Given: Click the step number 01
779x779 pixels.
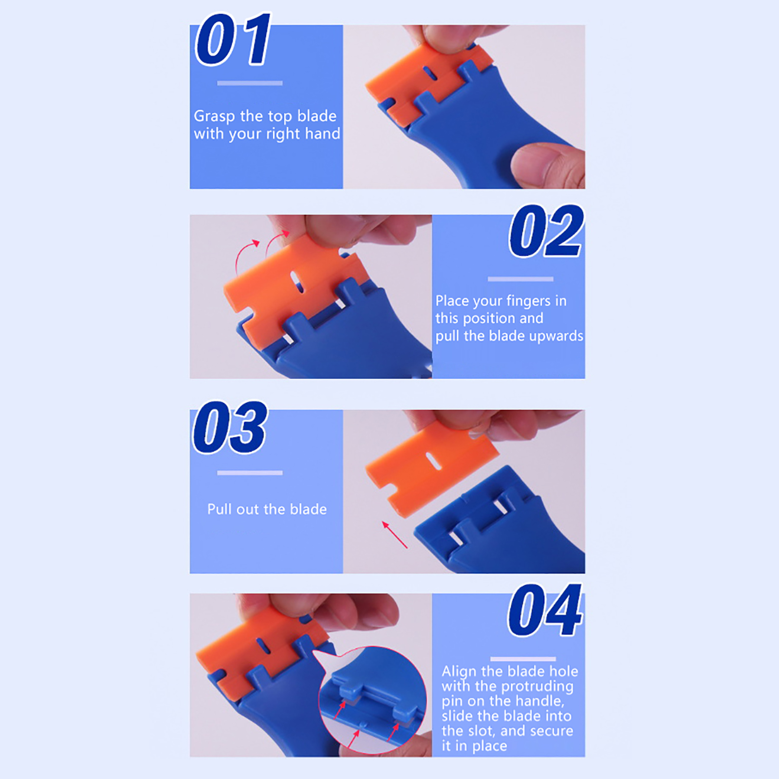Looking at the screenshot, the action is (x=233, y=40).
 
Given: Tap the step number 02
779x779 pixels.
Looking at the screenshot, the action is (x=546, y=231).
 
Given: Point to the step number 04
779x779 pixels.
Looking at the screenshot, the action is (x=545, y=611).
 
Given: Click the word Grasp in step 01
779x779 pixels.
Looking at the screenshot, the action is (x=214, y=116).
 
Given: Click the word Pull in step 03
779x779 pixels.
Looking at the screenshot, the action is (x=220, y=509).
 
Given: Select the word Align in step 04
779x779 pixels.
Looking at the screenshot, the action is (x=459, y=672).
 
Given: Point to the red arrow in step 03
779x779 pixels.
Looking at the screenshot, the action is (x=394, y=535).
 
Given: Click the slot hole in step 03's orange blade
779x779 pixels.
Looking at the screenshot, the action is (x=434, y=461).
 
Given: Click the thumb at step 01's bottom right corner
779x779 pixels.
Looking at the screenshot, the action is (x=548, y=166).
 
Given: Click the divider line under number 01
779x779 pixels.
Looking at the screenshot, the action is (x=250, y=83).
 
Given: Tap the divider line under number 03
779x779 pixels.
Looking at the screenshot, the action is (x=250, y=473).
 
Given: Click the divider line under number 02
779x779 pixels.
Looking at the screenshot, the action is (x=520, y=279).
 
